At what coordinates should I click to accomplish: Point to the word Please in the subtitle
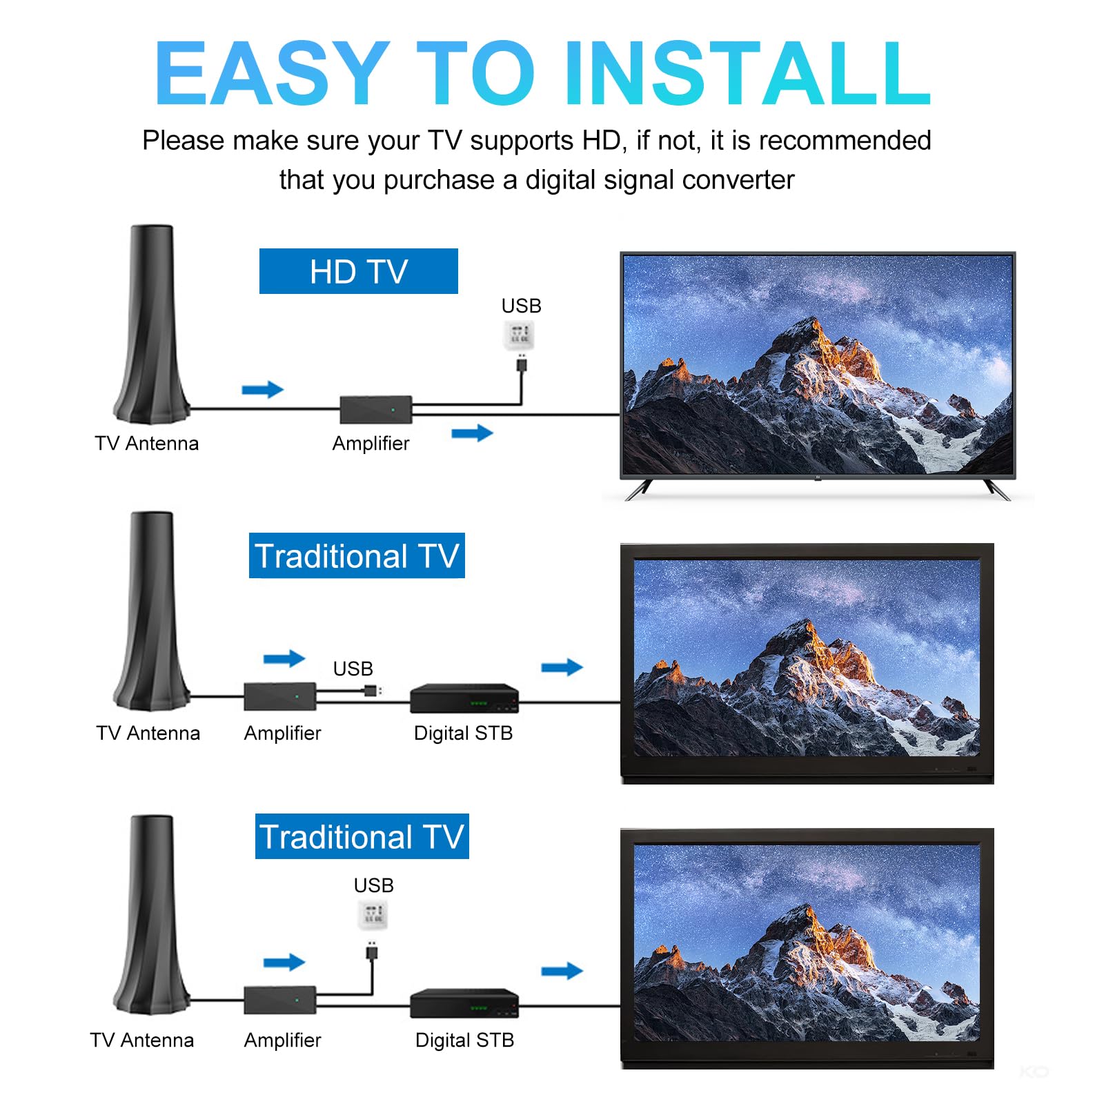pyautogui.click(x=183, y=140)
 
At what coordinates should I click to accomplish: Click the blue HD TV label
pyautogui.click(x=358, y=271)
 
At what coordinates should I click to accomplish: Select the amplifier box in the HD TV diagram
pyautogui.click(x=376, y=409)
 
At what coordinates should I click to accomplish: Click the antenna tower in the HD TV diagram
pyautogui.click(x=152, y=324)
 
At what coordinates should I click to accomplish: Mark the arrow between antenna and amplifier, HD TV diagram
pyautogui.click(x=263, y=390)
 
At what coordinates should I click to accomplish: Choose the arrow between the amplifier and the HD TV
pyautogui.click(x=473, y=433)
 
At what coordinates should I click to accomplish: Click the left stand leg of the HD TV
pyautogui.click(x=638, y=489)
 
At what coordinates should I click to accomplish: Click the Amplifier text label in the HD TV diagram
pyautogui.click(x=371, y=443)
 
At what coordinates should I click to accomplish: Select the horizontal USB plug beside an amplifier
pyautogui.click(x=372, y=690)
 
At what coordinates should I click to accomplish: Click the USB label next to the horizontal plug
pyautogui.click(x=353, y=669)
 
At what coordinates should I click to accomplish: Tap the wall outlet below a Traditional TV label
pyautogui.click(x=373, y=915)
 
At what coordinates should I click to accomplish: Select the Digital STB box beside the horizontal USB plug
pyautogui.click(x=464, y=698)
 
